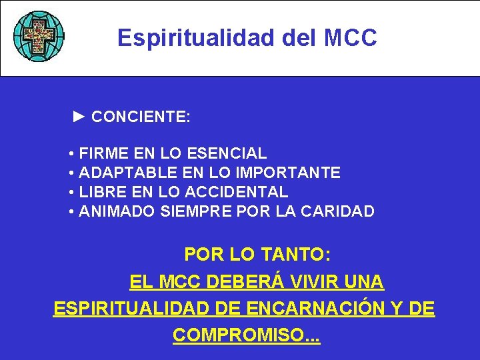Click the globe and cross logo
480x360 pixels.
pyautogui.click(x=39, y=36)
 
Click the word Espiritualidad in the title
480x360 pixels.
pyautogui.click(x=196, y=38)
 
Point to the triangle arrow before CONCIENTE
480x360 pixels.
pyautogui.click(x=79, y=117)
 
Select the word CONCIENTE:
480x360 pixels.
pyautogui.click(x=141, y=117)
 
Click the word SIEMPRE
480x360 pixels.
pyautogui.click(x=194, y=212)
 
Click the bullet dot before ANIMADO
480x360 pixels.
pyautogui.click(x=71, y=213)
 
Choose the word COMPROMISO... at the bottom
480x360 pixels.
pyautogui.click(x=246, y=335)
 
